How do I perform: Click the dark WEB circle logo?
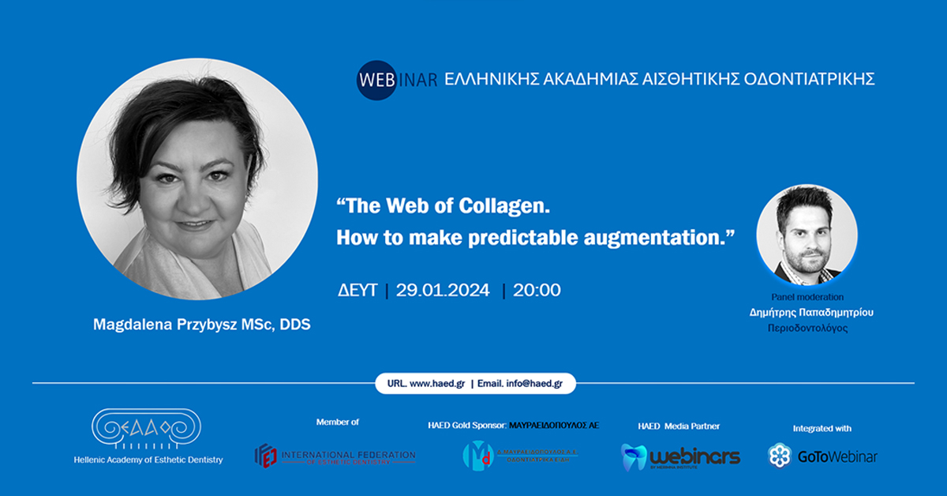coord(376,81)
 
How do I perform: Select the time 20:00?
coord(537,290)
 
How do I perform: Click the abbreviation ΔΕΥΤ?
coord(357,290)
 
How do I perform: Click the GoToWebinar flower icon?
coord(780,456)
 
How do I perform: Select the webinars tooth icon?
coord(634,457)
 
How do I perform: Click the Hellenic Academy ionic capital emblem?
coord(148,430)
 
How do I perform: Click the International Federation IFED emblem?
coord(266,456)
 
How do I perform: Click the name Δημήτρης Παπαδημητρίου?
coord(811,312)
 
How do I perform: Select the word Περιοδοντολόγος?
coord(811,327)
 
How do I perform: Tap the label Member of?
coord(337,423)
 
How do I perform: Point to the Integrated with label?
coord(822,429)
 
